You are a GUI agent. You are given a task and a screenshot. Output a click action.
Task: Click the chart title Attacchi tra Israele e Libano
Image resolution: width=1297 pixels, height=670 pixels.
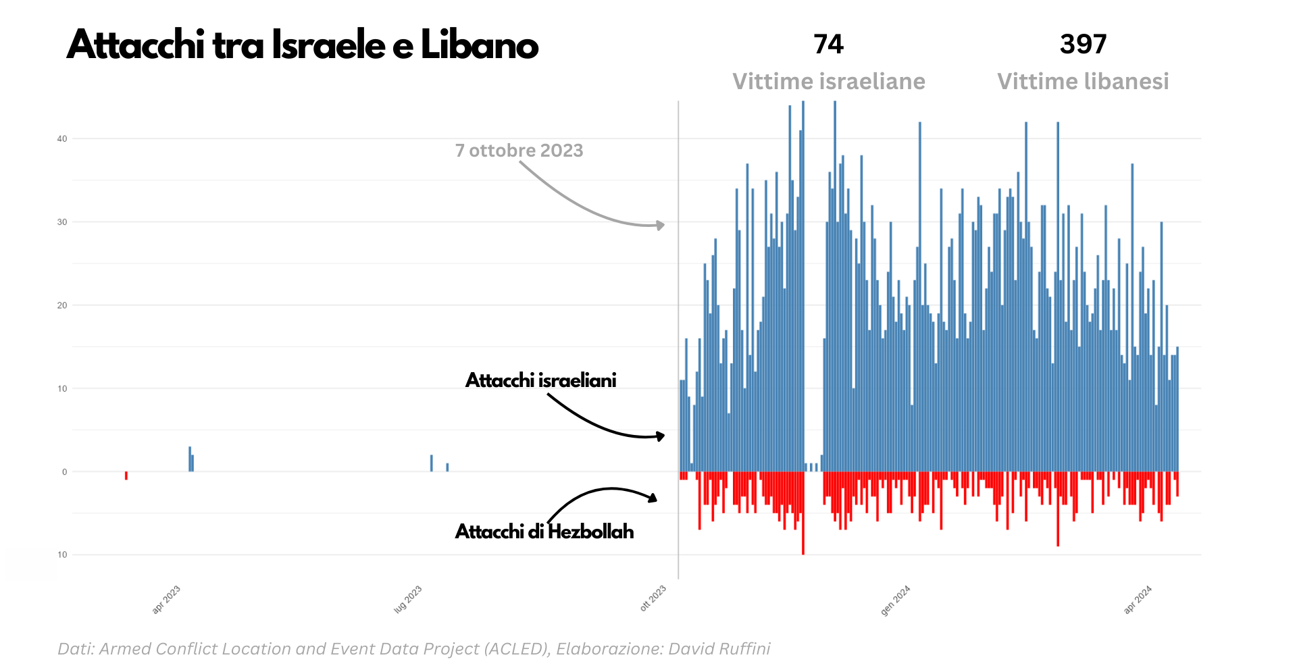(x=303, y=46)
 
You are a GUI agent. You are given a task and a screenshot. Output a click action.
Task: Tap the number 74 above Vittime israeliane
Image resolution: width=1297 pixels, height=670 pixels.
(x=828, y=45)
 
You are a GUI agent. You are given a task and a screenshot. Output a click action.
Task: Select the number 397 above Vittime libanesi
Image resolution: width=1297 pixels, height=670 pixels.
(x=1083, y=45)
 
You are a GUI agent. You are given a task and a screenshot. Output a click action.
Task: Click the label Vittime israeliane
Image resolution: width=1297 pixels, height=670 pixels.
(x=829, y=82)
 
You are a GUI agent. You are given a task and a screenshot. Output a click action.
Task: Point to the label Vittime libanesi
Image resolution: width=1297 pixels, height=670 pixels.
(x=1083, y=82)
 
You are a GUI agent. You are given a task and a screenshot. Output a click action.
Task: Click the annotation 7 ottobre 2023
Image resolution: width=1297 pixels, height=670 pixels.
(x=519, y=151)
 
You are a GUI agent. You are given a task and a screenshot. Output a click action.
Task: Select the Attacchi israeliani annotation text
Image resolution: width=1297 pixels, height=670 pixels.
(x=540, y=380)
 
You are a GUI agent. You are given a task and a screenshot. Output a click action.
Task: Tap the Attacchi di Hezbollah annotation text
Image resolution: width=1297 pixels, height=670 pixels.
(x=544, y=532)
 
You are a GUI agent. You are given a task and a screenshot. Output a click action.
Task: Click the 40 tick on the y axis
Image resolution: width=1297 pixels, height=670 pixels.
(x=62, y=139)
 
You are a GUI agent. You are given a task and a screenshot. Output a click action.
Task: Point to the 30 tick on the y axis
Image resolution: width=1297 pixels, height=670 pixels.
(x=62, y=222)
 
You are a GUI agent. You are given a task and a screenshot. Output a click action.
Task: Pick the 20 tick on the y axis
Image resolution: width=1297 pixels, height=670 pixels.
(x=62, y=305)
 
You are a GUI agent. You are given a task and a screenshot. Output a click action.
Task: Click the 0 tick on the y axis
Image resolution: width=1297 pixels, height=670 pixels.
(x=65, y=472)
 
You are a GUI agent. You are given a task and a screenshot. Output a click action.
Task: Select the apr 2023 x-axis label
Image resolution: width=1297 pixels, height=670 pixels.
(x=166, y=600)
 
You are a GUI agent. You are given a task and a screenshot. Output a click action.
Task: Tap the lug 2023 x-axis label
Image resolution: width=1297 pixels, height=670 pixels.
(x=408, y=600)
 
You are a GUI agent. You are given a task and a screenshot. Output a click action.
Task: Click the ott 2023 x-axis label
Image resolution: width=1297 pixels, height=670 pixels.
(x=653, y=599)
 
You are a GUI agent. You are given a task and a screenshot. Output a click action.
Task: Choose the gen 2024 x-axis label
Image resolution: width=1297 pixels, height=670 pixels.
(x=896, y=600)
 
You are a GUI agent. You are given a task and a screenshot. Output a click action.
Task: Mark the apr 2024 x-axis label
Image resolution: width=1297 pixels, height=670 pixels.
(x=1138, y=600)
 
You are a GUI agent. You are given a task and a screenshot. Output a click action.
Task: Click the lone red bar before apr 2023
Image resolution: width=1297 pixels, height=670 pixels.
(x=126, y=475)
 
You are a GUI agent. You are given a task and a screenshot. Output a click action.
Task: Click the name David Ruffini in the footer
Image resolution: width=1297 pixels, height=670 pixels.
(x=719, y=649)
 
